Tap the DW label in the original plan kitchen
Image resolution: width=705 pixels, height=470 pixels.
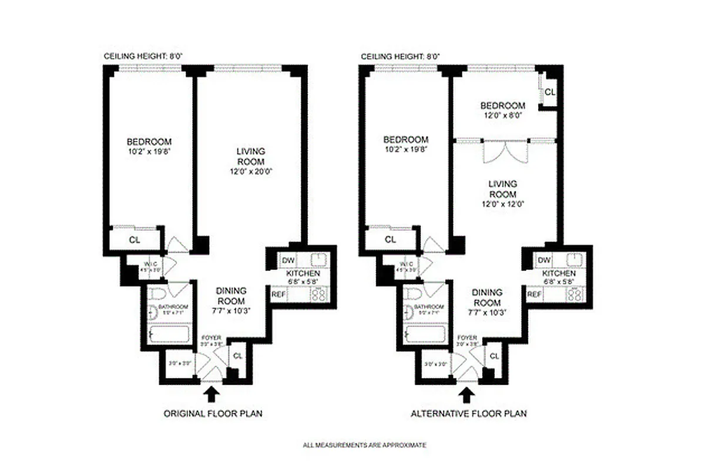pyautogui.click(x=288, y=260)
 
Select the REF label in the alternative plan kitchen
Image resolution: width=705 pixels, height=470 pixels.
pyautogui.click(x=534, y=294)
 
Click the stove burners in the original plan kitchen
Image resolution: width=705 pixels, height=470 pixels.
pyautogui.click(x=320, y=294)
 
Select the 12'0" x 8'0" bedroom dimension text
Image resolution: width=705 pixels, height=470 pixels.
pyautogui.click(x=502, y=116)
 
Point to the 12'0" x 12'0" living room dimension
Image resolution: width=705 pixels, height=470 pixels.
pyautogui.click(x=502, y=204)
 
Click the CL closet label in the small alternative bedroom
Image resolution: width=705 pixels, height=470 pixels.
pyautogui.click(x=550, y=92)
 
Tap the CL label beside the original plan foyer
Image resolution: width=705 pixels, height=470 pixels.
pyautogui.click(x=237, y=355)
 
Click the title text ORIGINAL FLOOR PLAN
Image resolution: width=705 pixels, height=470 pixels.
pyautogui.click(x=212, y=414)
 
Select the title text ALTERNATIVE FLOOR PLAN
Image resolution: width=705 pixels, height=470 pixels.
pyautogui.click(x=468, y=414)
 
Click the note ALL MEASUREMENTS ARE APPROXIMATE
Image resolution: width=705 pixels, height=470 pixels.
pyautogui.click(x=364, y=445)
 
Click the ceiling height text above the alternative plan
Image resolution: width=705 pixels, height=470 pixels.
pyautogui.click(x=400, y=56)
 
